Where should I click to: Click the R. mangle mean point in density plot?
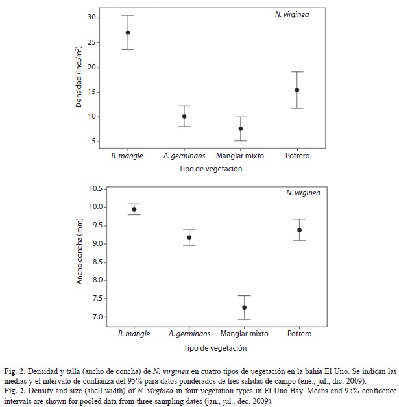point(128,32)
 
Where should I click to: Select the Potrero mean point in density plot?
point(297,90)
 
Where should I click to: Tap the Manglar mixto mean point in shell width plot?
point(245,308)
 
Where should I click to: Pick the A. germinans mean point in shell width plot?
point(189,238)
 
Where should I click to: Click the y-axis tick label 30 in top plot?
point(92,18)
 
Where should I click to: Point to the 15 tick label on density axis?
point(92,92)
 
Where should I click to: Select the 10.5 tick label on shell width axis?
point(96,188)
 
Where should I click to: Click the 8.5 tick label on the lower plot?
point(97,262)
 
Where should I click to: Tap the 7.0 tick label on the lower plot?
point(97,317)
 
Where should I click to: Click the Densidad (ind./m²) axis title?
point(79,77)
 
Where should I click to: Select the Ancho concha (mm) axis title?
point(79,251)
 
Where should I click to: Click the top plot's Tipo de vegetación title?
point(210,169)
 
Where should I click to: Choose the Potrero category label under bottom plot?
point(299,334)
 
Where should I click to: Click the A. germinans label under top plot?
point(184,156)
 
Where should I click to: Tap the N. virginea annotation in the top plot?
point(292,14)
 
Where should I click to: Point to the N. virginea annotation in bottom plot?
point(303,193)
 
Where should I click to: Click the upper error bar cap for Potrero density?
point(297,72)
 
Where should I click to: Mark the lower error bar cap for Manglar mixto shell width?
point(245,319)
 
